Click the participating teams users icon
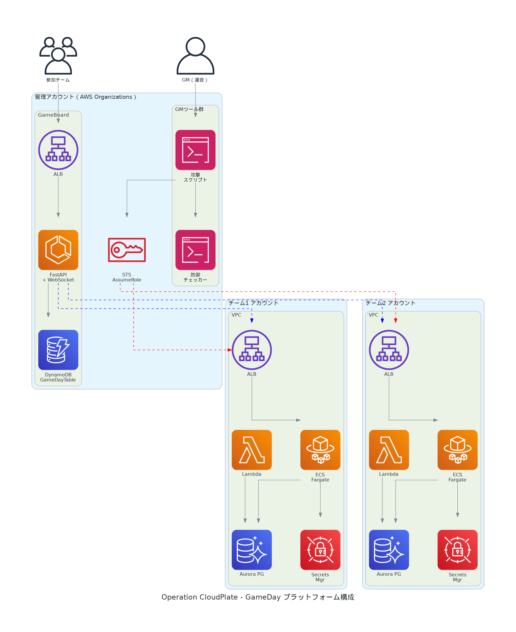(58, 56)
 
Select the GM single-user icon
(195, 56)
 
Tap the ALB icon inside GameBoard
(58, 150)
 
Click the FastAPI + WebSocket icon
(58, 250)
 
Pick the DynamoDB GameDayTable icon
(58, 350)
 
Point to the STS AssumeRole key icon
(127, 250)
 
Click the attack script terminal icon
(195, 150)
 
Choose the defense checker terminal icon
(195, 250)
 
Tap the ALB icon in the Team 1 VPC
(252, 350)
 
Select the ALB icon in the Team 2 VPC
(389, 350)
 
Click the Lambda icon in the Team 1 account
(252, 450)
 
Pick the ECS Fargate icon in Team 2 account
(457, 450)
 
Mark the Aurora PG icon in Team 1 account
(252, 550)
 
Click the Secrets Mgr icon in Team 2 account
(457, 550)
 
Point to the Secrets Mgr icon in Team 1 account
(320, 550)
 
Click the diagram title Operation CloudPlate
(258, 597)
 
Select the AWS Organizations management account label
(86, 97)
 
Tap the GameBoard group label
(54, 115)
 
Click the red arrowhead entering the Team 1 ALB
(230, 350)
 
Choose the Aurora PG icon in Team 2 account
(389, 550)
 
